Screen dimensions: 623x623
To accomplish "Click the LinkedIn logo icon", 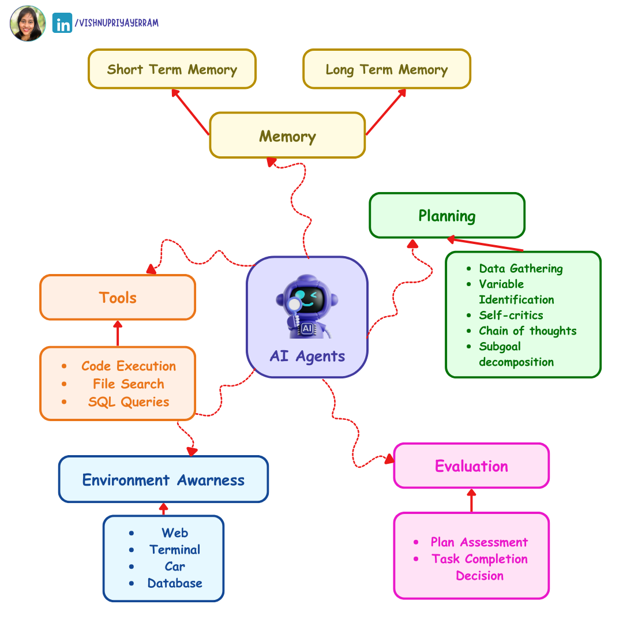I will click(62, 23).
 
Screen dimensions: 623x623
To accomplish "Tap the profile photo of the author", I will click(28, 24).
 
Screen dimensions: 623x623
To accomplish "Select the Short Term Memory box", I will click(172, 69).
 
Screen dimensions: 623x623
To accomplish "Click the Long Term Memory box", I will click(386, 69).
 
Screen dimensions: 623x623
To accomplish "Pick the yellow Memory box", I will click(287, 136).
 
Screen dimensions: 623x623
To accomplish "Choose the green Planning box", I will click(447, 216).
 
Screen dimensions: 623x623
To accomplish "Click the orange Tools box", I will click(118, 298).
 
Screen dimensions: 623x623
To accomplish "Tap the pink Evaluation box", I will click(471, 466).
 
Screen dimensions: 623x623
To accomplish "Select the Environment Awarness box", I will click(163, 479).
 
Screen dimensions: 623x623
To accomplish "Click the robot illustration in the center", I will click(306, 306).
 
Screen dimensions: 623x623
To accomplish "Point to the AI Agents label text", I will click(307, 356).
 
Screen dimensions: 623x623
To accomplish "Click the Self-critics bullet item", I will click(511, 315).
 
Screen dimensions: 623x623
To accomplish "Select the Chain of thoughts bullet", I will click(527, 331).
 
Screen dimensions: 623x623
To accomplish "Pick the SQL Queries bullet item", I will click(128, 401).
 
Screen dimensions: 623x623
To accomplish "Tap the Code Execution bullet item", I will click(128, 366).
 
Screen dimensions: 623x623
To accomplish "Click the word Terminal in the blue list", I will click(175, 549).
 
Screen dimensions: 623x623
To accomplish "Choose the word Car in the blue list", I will click(175, 566).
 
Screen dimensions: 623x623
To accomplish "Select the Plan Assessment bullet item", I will click(479, 542).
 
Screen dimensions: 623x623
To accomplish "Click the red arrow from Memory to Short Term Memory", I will click(190, 112).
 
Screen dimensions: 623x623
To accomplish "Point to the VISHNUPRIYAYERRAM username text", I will click(117, 23).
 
